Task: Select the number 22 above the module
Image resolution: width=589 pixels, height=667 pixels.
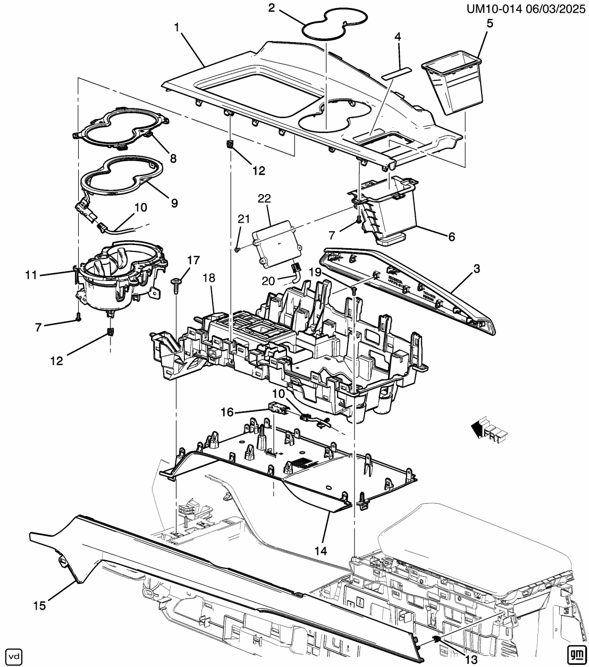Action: tap(264, 199)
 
